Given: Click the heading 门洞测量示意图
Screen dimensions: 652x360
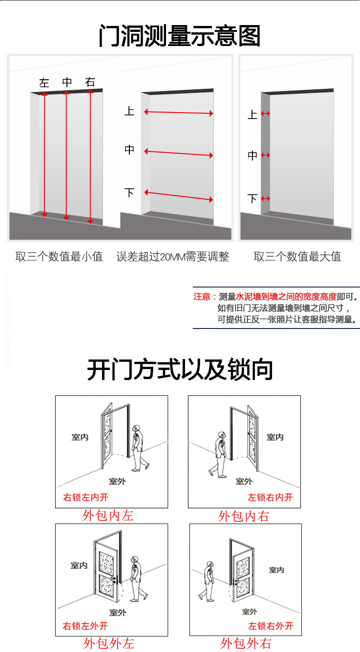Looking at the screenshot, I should (x=180, y=36).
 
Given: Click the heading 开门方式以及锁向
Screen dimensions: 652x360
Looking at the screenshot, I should (x=180, y=370).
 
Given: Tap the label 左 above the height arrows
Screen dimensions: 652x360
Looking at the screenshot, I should (x=44, y=82).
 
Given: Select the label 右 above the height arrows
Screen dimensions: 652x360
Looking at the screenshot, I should (x=90, y=82).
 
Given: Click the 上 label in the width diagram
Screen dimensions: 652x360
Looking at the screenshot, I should (x=129, y=111).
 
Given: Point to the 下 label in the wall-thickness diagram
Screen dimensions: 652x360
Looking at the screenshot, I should (x=252, y=199).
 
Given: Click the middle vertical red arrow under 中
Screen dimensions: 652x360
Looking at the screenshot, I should (x=67, y=155).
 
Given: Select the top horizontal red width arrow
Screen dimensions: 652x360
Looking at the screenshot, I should (x=179, y=113).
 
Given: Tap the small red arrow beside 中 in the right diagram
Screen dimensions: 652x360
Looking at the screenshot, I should (x=266, y=155).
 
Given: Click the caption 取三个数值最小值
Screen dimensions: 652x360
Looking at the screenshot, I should (x=59, y=257).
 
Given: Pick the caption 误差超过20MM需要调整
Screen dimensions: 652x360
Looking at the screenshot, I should (x=173, y=257).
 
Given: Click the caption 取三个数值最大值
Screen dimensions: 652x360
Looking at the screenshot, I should (x=297, y=257).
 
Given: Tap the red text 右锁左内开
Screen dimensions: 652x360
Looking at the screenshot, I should (x=86, y=497).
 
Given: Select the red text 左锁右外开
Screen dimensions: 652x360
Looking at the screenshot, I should (x=271, y=626).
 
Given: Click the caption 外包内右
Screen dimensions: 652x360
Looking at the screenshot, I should (x=244, y=516).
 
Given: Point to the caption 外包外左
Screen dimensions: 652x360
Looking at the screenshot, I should (x=109, y=643).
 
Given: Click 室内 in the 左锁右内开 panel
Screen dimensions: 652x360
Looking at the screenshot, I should (x=275, y=437).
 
